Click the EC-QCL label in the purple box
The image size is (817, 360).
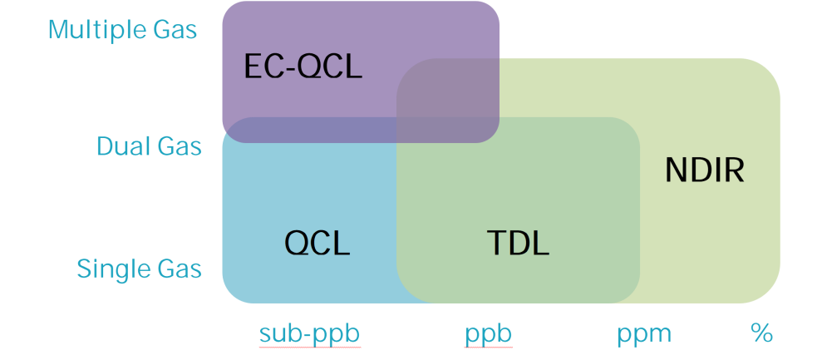(303, 66)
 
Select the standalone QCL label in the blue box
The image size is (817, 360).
(317, 243)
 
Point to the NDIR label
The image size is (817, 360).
(705, 170)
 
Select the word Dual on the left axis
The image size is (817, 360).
(124, 147)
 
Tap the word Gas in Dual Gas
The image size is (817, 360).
(178, 147)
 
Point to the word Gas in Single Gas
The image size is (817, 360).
(178, 269)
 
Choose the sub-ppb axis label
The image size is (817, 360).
(310, 334)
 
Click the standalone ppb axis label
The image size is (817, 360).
(488, 335)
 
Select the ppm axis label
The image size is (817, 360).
(644, 335)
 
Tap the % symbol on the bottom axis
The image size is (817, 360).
(761, 334)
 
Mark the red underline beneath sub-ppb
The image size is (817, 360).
(310, 348)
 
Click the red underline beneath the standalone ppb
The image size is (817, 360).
(488, 348)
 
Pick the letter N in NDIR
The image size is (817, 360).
(676, 170)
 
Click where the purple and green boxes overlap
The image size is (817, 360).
(449, 100)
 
